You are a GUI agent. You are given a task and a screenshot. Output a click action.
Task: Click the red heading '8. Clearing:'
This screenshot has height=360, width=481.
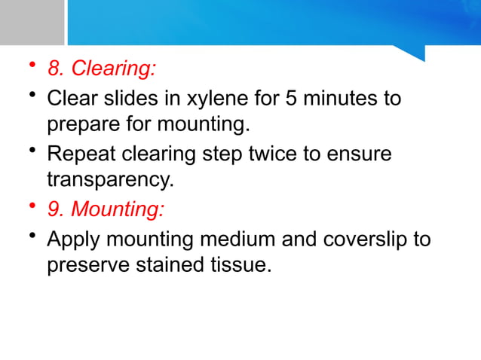[x=102, y=69]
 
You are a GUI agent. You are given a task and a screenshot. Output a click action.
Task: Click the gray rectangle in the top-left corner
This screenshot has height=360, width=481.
[x=32, y=22]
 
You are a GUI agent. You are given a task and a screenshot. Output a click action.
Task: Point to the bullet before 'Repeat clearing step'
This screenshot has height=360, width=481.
[x=32, y=153]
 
